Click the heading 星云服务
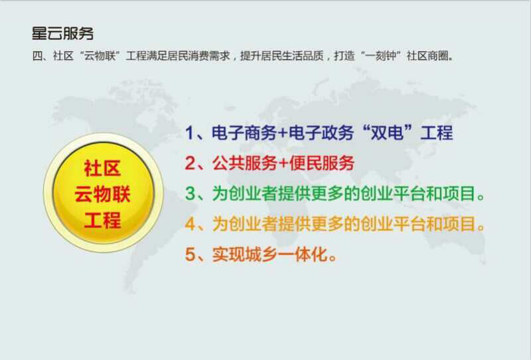62,33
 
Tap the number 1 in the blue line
189,133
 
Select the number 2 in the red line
190,163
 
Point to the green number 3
190,193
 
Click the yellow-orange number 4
190,224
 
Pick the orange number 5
190,254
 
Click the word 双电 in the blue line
388,133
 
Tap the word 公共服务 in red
245,163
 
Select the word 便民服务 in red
322,163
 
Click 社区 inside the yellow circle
103,169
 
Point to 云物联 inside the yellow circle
103,194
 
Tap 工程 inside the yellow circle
103,220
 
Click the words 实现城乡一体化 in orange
270,254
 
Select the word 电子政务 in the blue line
321,133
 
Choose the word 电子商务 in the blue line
244,133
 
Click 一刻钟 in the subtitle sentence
381,56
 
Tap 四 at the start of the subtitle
37,56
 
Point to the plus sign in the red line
283,163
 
